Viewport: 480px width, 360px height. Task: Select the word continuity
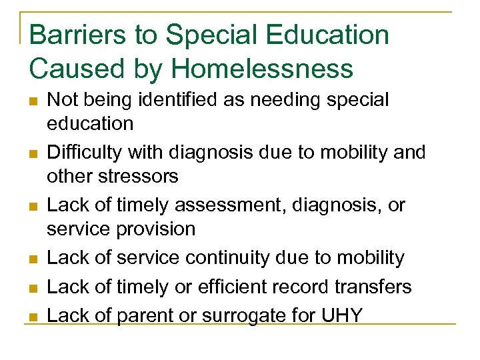click(228, 257)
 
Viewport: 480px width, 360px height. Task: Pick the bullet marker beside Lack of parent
click(33, 317)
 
